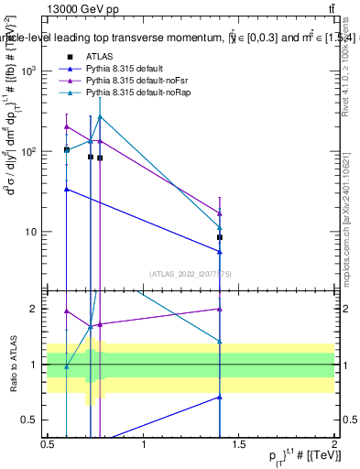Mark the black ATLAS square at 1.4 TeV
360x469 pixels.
click(x=220, y=237)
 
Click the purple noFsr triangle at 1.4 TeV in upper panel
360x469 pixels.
click(x=220, y=213)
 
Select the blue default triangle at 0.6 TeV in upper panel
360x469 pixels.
click(x=67, y=189)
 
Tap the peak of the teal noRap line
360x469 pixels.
click(x=100, y=116)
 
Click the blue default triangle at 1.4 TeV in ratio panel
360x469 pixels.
click(x=220, y=397)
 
